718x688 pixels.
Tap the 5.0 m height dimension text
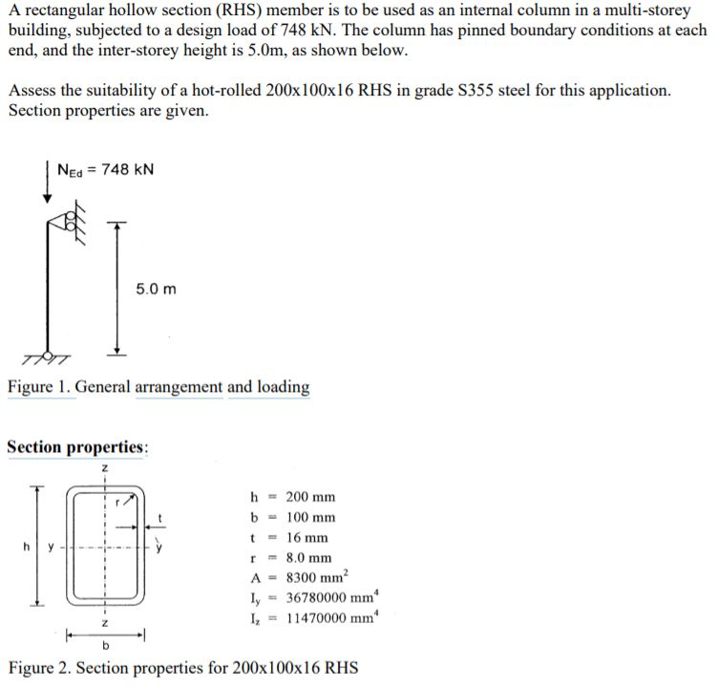(x=156, y=288)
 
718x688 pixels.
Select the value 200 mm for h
(x=310, y=497)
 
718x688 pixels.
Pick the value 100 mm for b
(x=310, y=517)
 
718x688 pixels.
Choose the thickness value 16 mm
(x=306, y=538)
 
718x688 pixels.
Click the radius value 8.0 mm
(x=308, y=558)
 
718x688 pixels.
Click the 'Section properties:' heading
(x=77, y=447)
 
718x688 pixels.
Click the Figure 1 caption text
(x=158, y=387)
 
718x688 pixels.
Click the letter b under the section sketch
(x=105, y=647)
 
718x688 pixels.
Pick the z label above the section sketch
(x=104, y=467)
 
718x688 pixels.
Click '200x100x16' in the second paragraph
(x=322, y=91)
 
